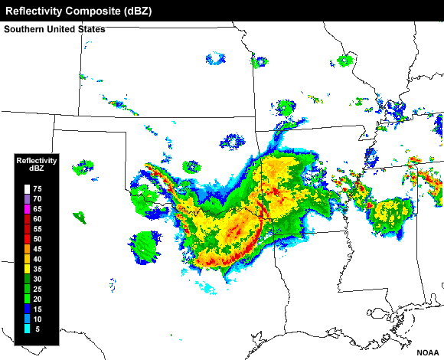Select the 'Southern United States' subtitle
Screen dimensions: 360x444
click(x=54, y=29)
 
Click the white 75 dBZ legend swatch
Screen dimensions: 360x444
click(x=27, y=188)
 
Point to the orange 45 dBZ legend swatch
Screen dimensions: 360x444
click(x=27, y=249)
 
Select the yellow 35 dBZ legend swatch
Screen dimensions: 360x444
click(x=27, y=269)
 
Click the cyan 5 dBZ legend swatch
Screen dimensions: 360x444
click(x=27, y=329)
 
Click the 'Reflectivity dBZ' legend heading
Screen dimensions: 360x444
click(x=37, y=164)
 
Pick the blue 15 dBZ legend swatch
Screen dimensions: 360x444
click(x=27, y=309)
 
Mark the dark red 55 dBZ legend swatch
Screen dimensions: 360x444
click(x=27, y=229)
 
